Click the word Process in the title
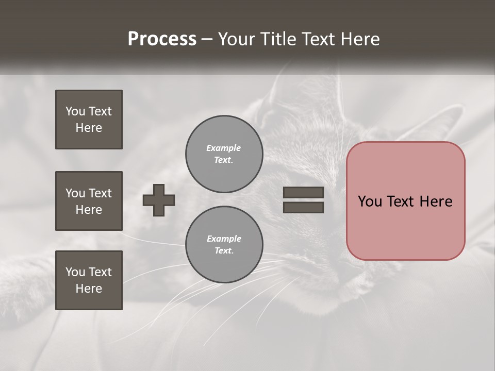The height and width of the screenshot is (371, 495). (x=162, y=39)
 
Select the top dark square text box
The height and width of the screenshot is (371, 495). (x=89, y=120)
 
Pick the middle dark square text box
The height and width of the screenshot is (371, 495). (x=89, y=201)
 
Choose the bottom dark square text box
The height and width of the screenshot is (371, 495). (x=89, y=280)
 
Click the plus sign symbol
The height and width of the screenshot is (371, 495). (x=159, y=200)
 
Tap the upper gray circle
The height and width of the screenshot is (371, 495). (x=224, y=154)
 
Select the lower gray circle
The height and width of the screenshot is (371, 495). (x=224, y=245)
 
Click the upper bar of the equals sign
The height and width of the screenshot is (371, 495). (x=303, y=193)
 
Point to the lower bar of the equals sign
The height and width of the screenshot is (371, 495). (x=303, y=207)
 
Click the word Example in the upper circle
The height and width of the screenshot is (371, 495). (x=223, y=148)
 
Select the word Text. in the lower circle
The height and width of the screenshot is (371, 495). (x=224, y=251)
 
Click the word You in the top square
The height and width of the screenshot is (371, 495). (x=75, y=111)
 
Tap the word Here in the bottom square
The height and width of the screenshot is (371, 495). (x=89, y=289)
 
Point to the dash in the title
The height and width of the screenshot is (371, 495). (x=207, y=39)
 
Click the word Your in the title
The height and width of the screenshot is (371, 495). (x=236, y=39)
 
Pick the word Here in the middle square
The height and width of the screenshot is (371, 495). (x=89, y=210)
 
